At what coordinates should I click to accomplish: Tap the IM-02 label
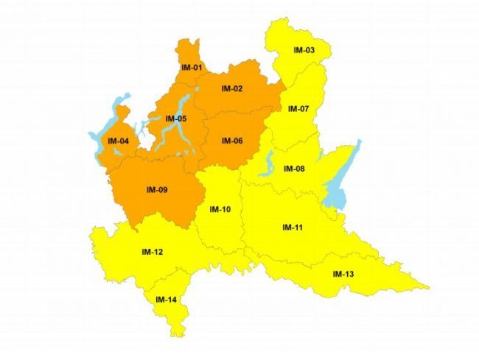coord(232,89)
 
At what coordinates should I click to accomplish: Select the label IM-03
coord(304,50)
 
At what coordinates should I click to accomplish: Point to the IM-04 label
coord(118,141)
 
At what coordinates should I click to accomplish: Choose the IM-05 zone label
coord(175,119)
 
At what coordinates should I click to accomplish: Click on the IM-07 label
coord(298,109)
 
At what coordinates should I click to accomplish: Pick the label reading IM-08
coord(294,169)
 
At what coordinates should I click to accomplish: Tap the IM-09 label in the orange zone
coord(157,191)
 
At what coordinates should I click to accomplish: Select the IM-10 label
coord(220,209)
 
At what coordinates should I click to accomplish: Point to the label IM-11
coord(293,227)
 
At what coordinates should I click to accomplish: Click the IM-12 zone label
coord(152,253)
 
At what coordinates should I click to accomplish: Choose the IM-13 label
coord(343,275)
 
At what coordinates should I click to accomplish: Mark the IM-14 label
coord(165,300)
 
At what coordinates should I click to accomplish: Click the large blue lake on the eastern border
coord(341,184)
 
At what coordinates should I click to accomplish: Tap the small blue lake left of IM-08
coord(268,163)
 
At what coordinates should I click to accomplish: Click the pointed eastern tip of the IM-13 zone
coord(429,286)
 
